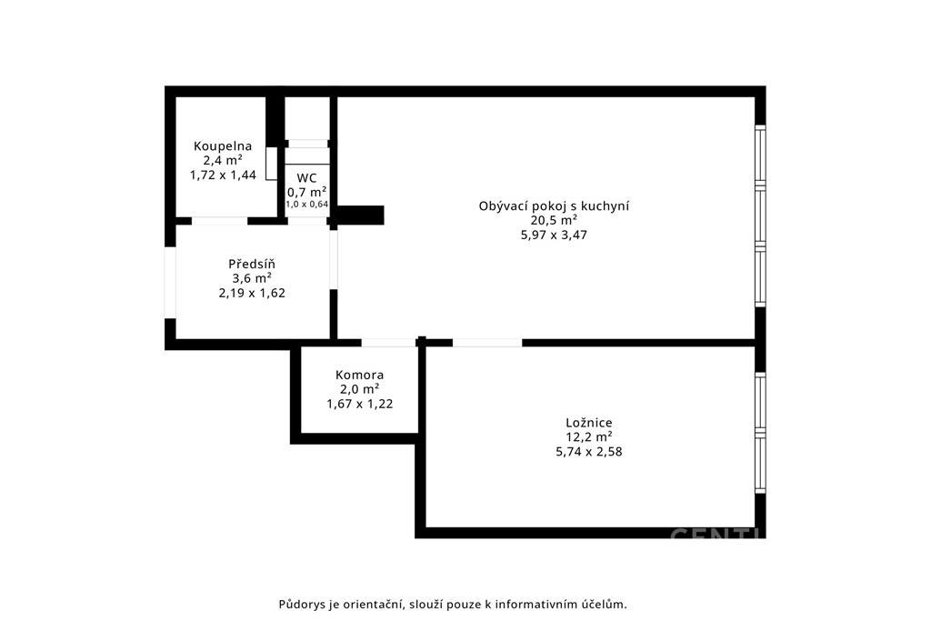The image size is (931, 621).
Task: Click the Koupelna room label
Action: pyautogui.click(x=223, y=146)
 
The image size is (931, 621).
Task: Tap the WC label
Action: pyautogui.click(x=307, y=178)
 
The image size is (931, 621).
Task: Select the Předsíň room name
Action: pyautogui.click(x=252, y=265)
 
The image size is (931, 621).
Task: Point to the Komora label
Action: pyautogui.click(x=360, y=376)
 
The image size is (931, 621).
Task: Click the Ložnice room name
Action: pyautogui.click(x=589, y=423)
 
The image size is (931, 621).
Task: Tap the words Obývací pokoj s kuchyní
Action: pyautogui.click(x=554, y=206)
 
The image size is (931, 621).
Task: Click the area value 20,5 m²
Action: pyautogui.click(x=554, y=220)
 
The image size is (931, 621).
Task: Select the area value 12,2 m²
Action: pyautogui.click(x=589, y=437)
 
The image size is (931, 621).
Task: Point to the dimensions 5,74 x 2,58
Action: pyautogui.click(x=589, y=452)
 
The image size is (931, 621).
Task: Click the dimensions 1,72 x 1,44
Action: pyautogui.click(x=224, y=175)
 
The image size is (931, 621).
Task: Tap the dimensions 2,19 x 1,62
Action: pyautogui.click(x=252, y=294)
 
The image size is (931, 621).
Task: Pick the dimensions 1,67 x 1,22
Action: pyautogui.click(x=360, y=405)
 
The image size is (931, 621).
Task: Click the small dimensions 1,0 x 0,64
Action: pyautogui.click(x=307, y=205)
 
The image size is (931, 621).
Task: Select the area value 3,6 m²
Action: pyautogui.click(x=252, y=278)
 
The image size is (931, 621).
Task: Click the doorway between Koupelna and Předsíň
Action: pyautogui.click(x=220, y=221)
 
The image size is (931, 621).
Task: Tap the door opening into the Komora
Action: pyautogui.click(x=389, y=343)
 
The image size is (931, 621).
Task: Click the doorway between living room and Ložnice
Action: pyautogui.click(x=487, y=343)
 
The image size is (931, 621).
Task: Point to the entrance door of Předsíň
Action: pyautogui.click(x=170, y=283)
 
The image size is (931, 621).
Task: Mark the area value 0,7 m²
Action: pyautogui.click(x=307, y=193)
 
